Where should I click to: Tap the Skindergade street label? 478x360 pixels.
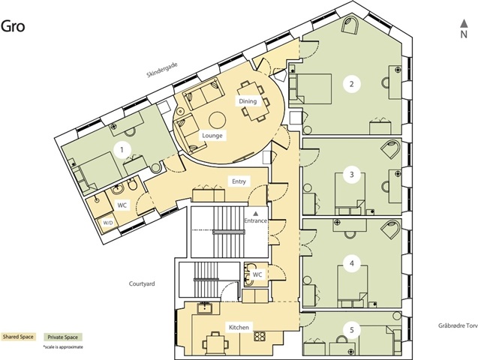coord(162,70)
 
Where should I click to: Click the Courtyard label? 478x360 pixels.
coord(142,283)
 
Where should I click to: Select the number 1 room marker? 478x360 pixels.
coord(122,149)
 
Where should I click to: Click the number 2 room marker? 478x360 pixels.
coord(352,84)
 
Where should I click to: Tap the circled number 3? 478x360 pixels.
coord(352,175)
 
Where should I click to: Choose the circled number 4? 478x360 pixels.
coord(352,262)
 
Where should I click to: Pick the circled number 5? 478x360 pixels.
coord(352,330)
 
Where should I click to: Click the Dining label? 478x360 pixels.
coord(248,101)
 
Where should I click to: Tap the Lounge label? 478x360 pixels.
coord(212,136)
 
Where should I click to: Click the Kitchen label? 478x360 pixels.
coord(239,328)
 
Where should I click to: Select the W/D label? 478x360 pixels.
coord(108,223)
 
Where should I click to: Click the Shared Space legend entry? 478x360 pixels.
coord(18,337)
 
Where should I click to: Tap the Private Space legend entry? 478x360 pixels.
coord(63,337)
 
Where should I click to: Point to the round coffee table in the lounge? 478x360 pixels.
coord(217,120)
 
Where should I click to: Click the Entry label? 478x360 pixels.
coord(239,181)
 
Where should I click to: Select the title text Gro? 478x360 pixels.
coord(13,26)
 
